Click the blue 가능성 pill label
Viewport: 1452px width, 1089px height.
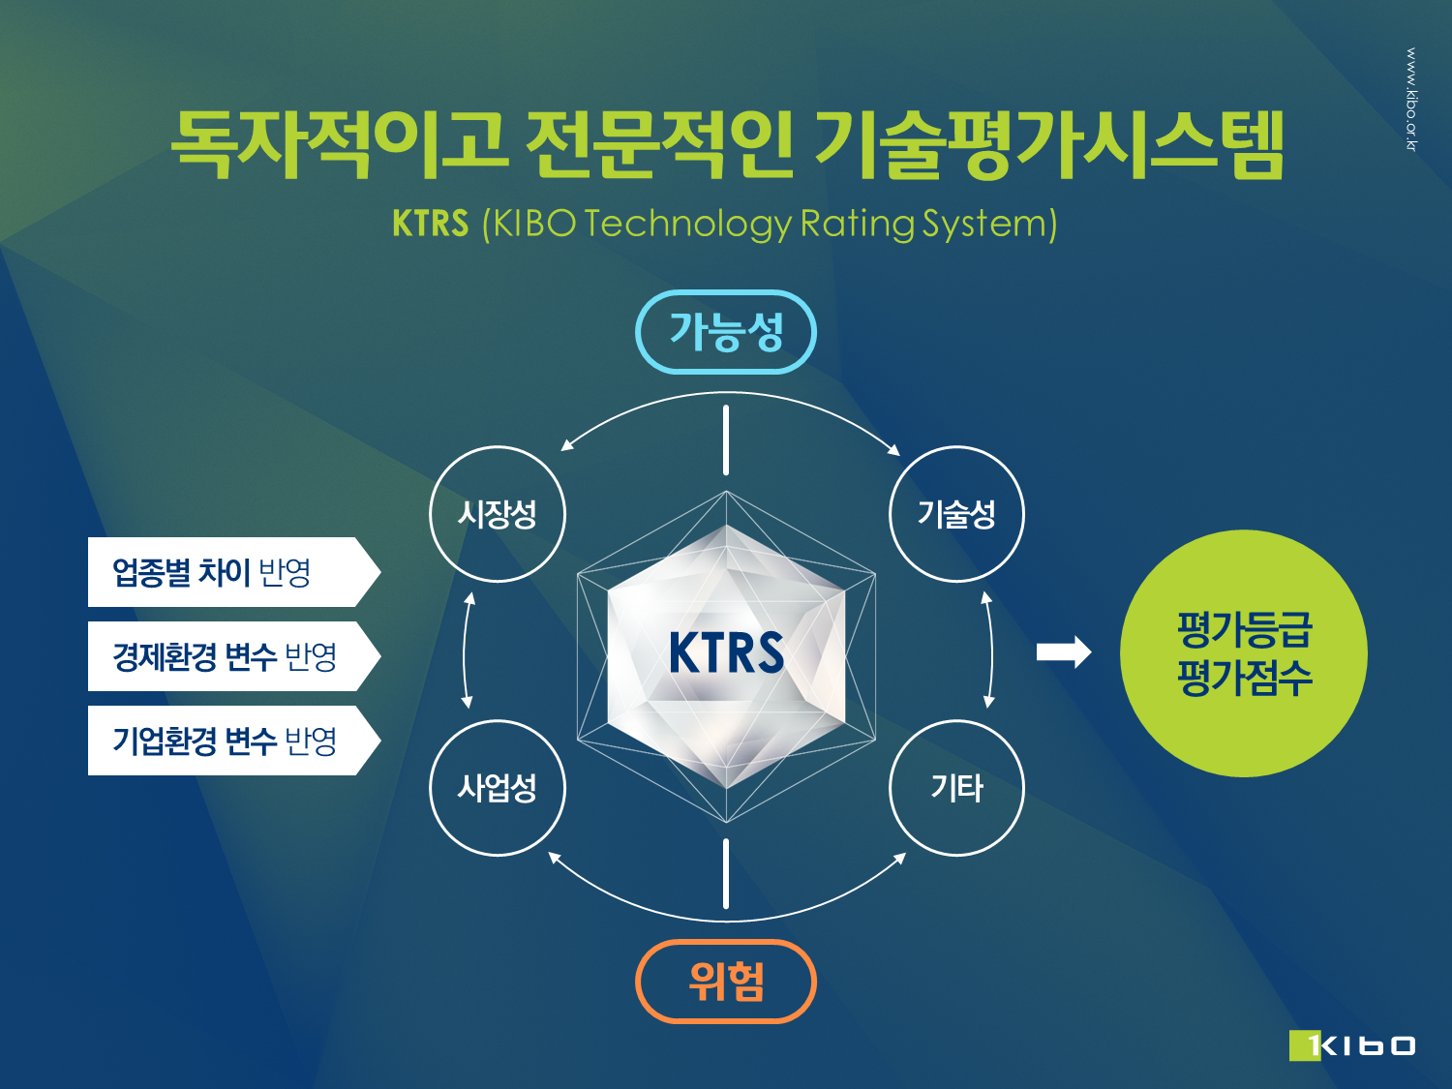[x=726, y=332]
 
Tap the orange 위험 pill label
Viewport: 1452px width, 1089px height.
[x=726, y=982]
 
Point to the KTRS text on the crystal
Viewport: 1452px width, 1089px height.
[x=726, y=652]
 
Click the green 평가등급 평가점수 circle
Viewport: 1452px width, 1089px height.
[x=1244, y=653]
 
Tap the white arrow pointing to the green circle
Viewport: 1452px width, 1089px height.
[x=1064, y=651]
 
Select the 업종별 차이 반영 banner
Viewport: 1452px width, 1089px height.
[x=234, y=572]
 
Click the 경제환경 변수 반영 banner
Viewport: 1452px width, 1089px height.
[x=234, y=656]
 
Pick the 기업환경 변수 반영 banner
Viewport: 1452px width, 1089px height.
[x=234, y=740]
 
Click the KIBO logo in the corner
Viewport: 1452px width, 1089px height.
[x=1351, y=1045]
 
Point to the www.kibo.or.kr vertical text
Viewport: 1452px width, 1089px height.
[x=1411, y=99]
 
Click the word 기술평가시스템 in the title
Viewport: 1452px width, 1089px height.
[x=1049, y=144]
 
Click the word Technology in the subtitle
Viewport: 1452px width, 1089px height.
[x=688, y=225]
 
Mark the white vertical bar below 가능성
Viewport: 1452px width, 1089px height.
[x=726, y=439]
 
